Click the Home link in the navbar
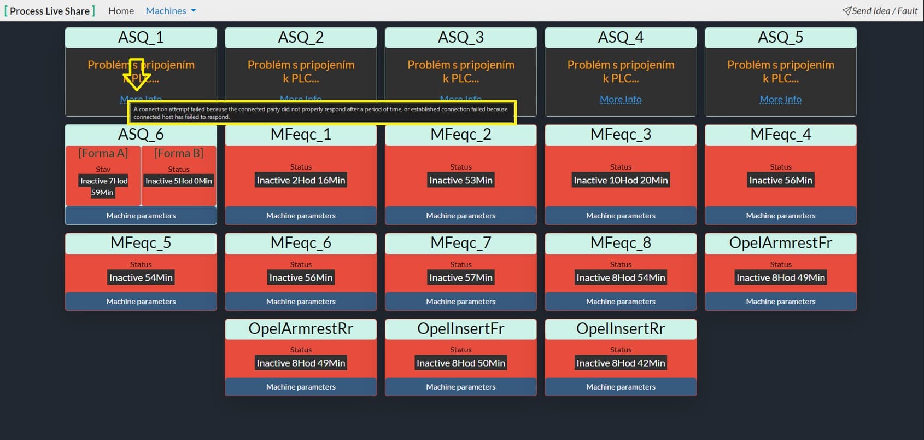tap(121, 11)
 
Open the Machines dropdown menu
tap(171, 11)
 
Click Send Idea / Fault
tap(880, 11)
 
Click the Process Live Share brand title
tap(50, 11)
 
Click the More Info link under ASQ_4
tap(621, 99)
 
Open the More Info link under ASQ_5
tap(780, 99)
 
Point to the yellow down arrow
tap(137, 74)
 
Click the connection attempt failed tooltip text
tap(321, 113)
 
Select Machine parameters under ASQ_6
tap(141, 216)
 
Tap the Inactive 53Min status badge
tap(461, 180)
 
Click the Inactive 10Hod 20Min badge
tap(621, 180)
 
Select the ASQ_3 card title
tap(461, 37)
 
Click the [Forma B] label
tap(179, 153)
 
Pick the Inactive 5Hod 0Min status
tap(179, 181)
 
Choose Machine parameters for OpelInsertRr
tap(621, 387)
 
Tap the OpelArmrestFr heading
tap(780, 243)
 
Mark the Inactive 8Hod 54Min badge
tap(621, 277)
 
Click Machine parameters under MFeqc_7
tap(461, 302)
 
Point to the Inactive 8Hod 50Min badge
tap(461, 363)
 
